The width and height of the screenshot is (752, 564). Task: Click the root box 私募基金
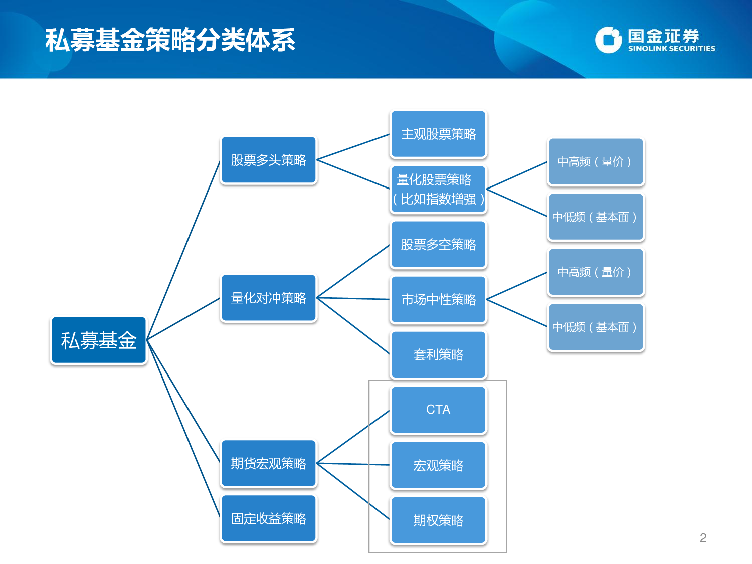point(98,340)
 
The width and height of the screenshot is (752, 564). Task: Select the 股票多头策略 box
point(268,160)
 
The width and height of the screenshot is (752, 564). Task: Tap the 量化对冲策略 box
point(268,298)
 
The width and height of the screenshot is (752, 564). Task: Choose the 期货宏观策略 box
point(268,463)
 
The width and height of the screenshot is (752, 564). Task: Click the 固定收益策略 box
point(268,518)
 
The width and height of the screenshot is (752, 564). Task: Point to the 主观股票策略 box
point(438,134)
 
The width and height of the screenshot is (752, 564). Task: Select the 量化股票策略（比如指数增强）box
point(438,190)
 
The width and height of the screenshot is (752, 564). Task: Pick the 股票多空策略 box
point(438,245)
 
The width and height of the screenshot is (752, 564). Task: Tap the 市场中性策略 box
point(438,300)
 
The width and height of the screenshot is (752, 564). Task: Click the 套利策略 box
point(438,355)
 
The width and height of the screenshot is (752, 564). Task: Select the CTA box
point(438,410)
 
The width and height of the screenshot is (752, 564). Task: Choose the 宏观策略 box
point(438,465)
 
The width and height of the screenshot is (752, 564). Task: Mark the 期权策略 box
point(438,520)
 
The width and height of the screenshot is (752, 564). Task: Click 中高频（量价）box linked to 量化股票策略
point(596,162)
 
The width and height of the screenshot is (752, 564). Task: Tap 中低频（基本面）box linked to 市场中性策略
point(596,327)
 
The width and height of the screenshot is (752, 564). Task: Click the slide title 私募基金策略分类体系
point(170,40)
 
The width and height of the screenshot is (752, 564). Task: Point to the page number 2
point(703,538)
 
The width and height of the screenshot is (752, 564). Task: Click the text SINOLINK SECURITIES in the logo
point(671,49)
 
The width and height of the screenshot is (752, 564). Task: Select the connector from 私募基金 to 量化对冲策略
point(183,319)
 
